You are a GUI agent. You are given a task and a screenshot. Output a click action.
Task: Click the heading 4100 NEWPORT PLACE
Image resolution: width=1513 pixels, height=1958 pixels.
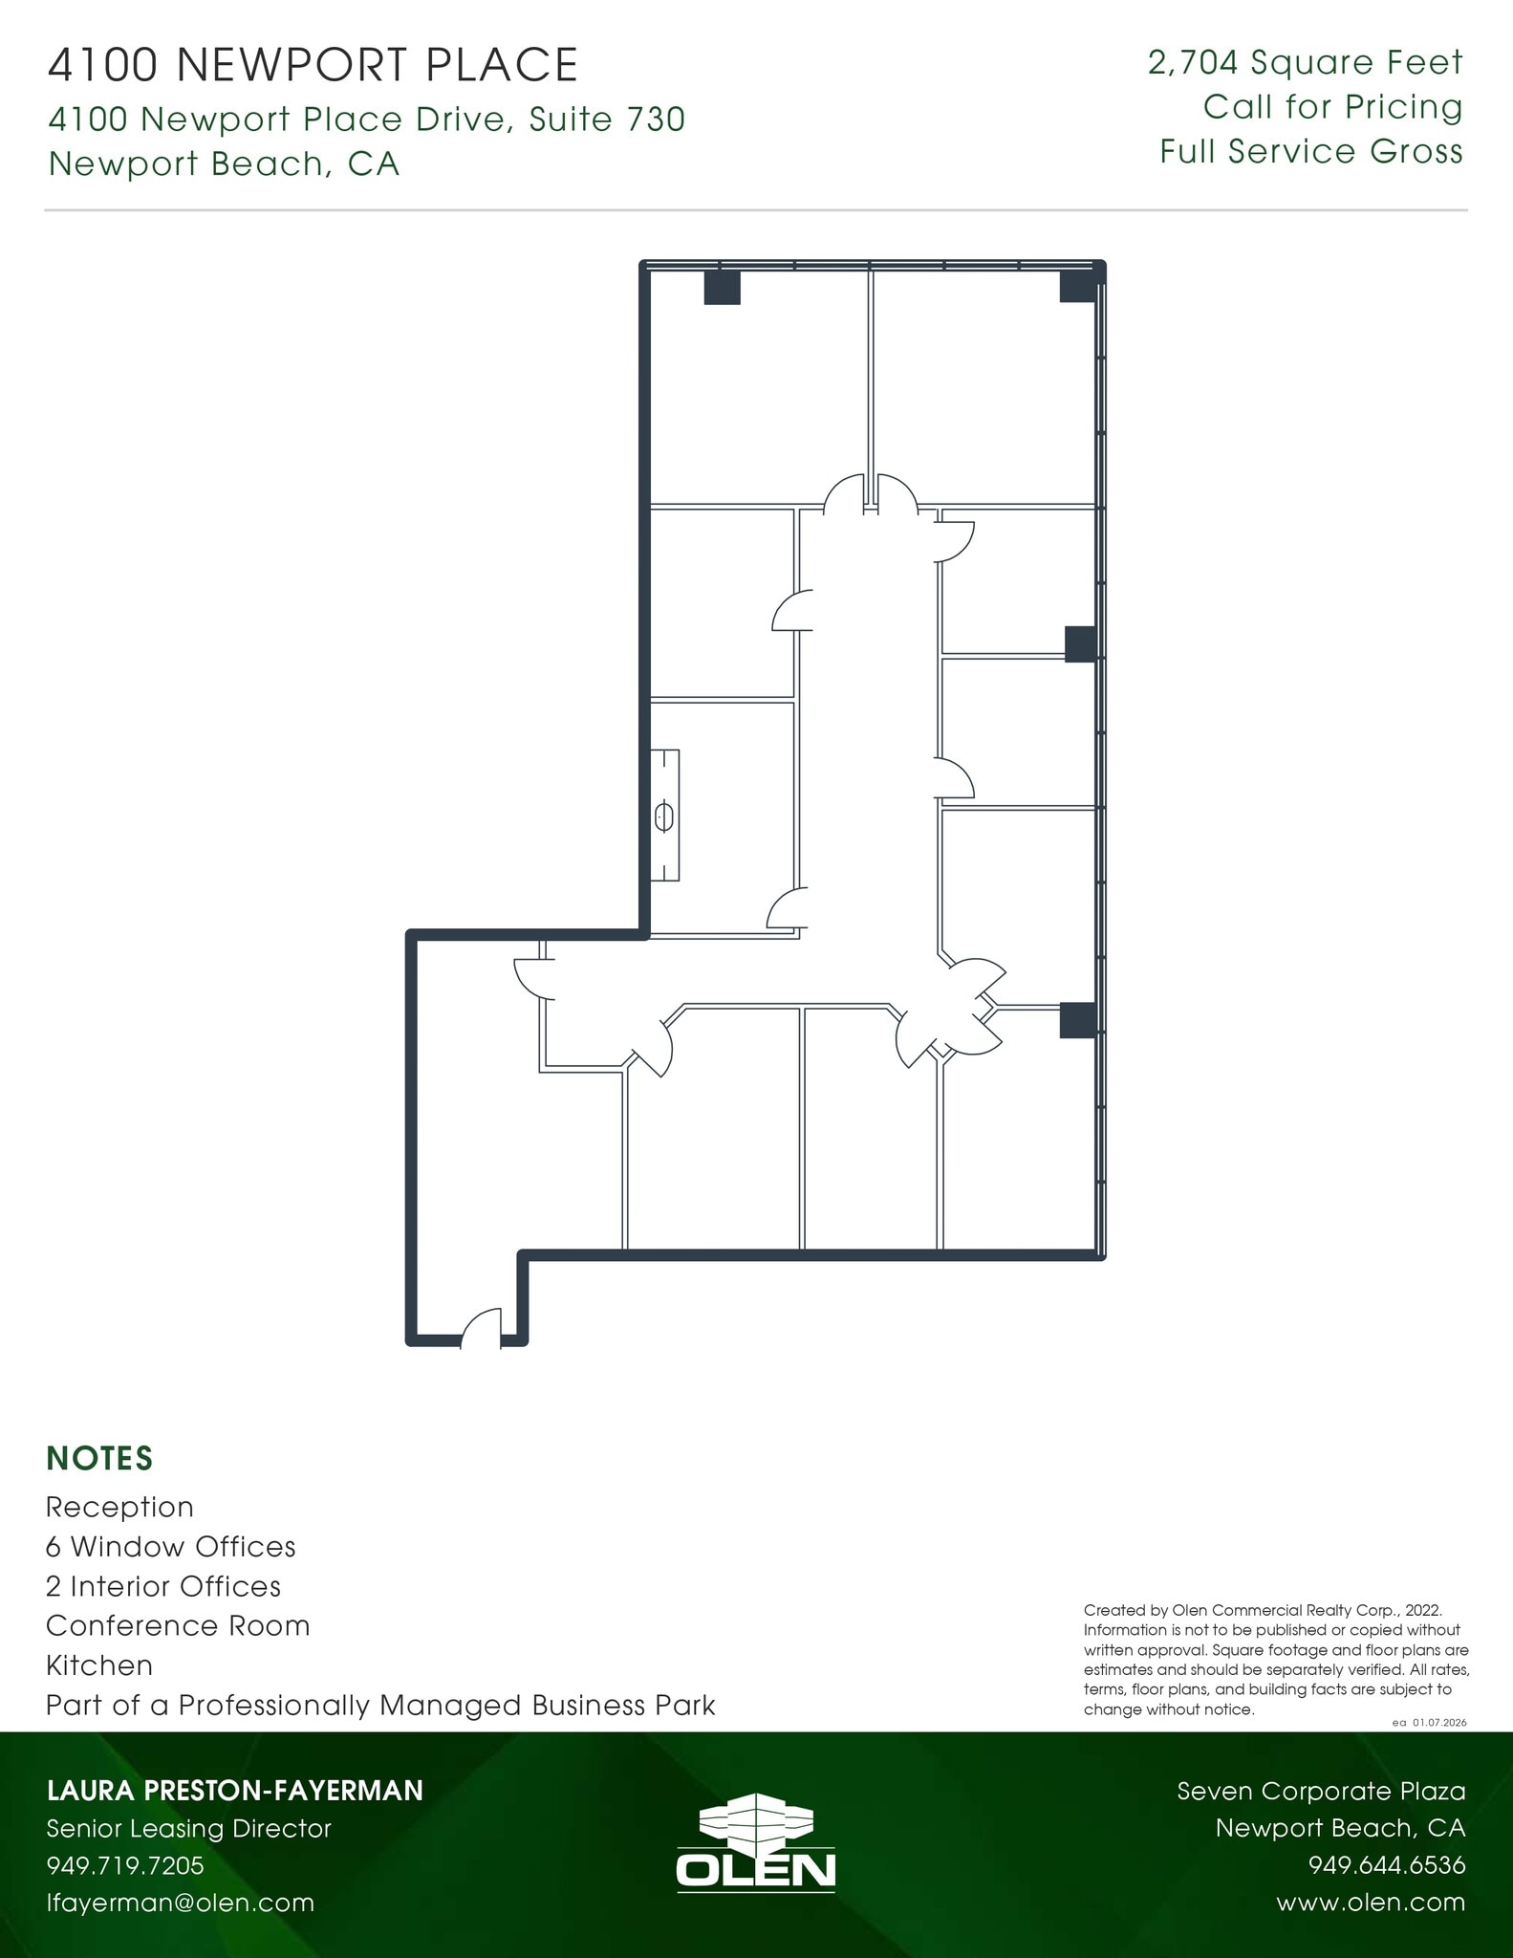313,66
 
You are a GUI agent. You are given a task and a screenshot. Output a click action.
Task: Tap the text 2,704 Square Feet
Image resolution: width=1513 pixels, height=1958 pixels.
1305,63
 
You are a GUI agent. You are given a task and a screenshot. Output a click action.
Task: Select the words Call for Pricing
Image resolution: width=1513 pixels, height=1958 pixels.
1332,107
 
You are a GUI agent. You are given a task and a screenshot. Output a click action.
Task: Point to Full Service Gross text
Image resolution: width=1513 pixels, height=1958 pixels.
1311,152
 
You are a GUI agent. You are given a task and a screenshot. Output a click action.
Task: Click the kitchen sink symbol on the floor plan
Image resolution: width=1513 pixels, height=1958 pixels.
664,817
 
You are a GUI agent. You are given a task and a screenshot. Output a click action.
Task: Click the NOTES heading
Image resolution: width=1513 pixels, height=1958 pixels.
99,1459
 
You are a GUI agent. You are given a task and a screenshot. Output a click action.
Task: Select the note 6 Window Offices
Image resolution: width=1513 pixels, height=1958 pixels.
170,1547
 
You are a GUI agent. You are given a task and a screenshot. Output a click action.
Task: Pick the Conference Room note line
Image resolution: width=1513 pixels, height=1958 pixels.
178,1626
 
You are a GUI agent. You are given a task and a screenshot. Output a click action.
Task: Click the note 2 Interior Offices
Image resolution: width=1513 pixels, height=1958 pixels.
163,1587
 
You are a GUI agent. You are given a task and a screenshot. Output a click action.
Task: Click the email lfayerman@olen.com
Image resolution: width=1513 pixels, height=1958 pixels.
181,1903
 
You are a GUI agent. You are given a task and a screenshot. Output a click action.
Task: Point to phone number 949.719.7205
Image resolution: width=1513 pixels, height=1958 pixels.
125,1865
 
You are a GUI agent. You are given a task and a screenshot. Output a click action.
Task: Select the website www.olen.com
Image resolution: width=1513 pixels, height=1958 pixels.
1370,1903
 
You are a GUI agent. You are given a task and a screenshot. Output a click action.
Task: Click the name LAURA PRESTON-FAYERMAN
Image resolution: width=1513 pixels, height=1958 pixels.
234,1791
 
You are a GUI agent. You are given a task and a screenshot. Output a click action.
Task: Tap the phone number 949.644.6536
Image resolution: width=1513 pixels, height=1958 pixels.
1386,1865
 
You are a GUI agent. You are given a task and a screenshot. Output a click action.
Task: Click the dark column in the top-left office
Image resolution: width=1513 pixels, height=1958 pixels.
722,288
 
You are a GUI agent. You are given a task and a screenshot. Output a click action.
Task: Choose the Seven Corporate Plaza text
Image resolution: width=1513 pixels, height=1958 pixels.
1321,1791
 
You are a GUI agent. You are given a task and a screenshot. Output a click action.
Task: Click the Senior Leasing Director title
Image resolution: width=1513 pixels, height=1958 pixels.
188,1828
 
